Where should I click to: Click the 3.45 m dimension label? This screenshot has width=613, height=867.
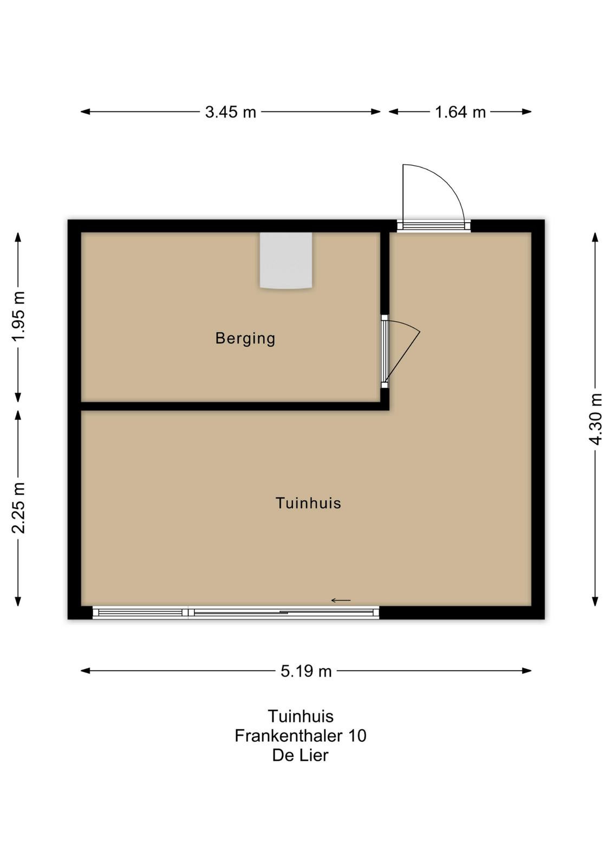[x=231, y=112]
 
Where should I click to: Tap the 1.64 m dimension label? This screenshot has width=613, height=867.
[x=460, y=112]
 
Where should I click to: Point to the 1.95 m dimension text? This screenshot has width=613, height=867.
[x=18, y=316]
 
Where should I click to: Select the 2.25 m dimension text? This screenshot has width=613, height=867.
[x=18, y=508]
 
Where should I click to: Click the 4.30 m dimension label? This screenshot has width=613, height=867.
[x=596, y=419]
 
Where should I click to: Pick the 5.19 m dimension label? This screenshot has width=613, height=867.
[x=306, y=671]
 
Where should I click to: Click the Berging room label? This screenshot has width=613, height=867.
[x=245, y=338]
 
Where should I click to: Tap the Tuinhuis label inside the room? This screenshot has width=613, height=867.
[x=308, y=503]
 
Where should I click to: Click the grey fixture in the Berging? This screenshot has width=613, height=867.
[x=286, y=260]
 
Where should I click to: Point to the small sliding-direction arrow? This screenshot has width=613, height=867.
[x=341, y=600]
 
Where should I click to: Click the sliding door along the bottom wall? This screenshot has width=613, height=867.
[x=236, y=612]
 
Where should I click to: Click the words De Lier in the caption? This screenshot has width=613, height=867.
[x=301, y=755]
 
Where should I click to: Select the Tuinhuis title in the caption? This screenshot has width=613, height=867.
[x=301, y=716]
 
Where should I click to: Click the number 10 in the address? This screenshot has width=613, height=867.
[x=357, y=736]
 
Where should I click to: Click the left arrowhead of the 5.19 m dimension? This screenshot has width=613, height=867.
[x=85, y=671]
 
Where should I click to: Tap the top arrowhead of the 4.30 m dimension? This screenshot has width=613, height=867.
[x=596, y=237]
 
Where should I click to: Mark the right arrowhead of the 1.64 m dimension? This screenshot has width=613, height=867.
[x=527, y=112]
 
